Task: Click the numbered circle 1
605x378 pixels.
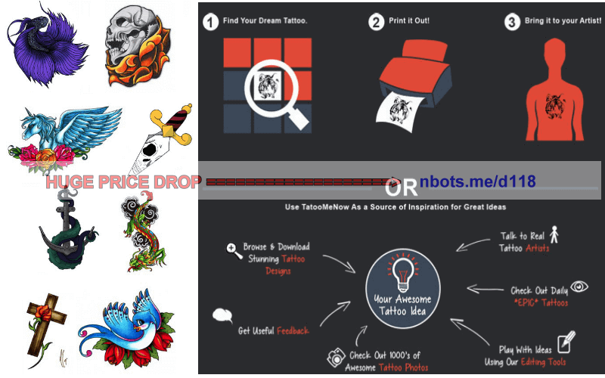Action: [211, 22]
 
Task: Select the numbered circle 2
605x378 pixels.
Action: [376, 23]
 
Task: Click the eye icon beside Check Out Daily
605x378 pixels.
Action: [580, 287]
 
